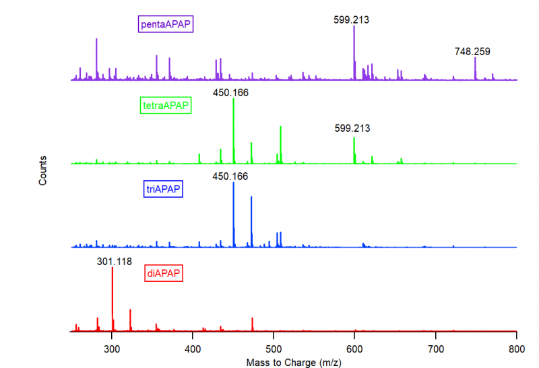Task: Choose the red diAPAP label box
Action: (164, 273)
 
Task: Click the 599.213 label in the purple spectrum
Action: (351, 20)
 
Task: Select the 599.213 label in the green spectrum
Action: (352, 128)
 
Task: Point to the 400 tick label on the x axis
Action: (193, 350)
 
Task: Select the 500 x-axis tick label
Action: (274, 350)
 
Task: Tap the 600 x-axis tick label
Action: (354, 350)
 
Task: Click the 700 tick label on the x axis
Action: (435, 350)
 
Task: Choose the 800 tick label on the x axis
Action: (516, 350)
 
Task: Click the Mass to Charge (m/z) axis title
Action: (294, 362)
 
